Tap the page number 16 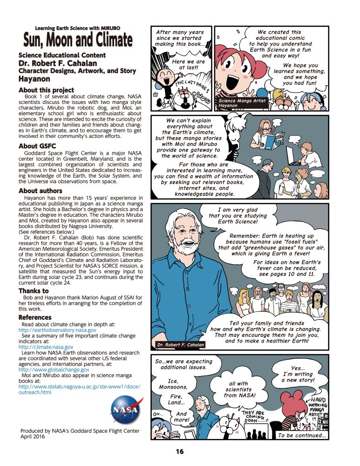[x=180, y=451]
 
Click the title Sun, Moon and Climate [x=78, y=41]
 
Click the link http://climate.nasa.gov [x=46, y=347]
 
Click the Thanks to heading [x=34, y=291]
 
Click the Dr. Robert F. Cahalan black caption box [x=180, y=345]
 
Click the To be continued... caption [x=301, y=435]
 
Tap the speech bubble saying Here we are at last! [x=189, y=64]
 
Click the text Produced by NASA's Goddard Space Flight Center [x=79, y=431]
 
